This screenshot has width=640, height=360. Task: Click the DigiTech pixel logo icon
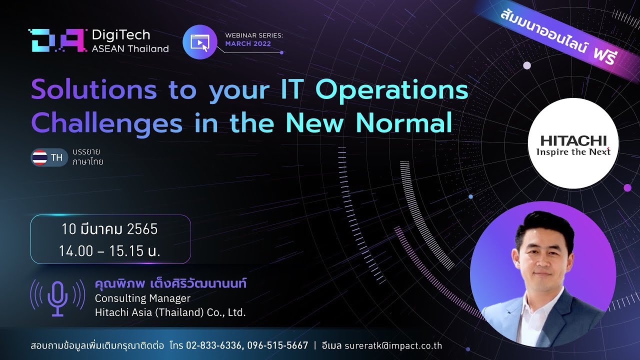57,40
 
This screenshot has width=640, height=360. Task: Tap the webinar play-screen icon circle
199,42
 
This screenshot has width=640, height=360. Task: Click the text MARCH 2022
248,43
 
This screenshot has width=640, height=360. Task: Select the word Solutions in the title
94,90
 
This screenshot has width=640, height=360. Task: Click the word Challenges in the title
107,123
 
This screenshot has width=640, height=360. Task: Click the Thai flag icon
39,157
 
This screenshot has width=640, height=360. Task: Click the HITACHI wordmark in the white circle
573,141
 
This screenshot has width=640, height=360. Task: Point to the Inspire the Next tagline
573,151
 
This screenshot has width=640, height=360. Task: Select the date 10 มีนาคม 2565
109,229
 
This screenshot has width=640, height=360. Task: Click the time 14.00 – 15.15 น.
109,251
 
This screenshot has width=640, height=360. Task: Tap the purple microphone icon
57,298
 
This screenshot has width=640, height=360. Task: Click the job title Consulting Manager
142,298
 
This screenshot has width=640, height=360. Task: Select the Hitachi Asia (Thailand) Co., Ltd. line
170,312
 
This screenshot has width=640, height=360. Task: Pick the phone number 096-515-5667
277,345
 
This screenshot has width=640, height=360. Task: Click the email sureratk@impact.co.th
393,345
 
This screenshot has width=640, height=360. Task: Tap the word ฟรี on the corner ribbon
603,56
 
